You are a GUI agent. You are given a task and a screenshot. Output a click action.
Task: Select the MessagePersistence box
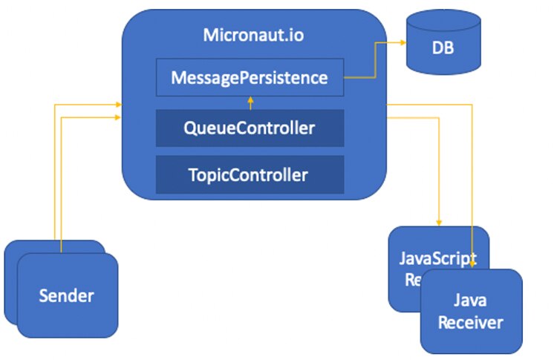(250, 77)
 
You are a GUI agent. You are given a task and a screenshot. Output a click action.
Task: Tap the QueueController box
(250, 128)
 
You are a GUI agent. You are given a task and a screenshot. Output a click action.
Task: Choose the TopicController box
(250, 175)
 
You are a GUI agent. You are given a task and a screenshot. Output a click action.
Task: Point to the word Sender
(67, 296)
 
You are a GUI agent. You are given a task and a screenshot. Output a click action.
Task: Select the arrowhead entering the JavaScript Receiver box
(440, 222)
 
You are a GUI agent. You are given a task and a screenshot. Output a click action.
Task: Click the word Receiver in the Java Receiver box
(471, 322)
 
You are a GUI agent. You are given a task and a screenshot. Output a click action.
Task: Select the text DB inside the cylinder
(443, 50)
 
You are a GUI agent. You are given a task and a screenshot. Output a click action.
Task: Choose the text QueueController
(250, 128)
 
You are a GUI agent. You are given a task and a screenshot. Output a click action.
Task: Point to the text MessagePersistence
(250, 77)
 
